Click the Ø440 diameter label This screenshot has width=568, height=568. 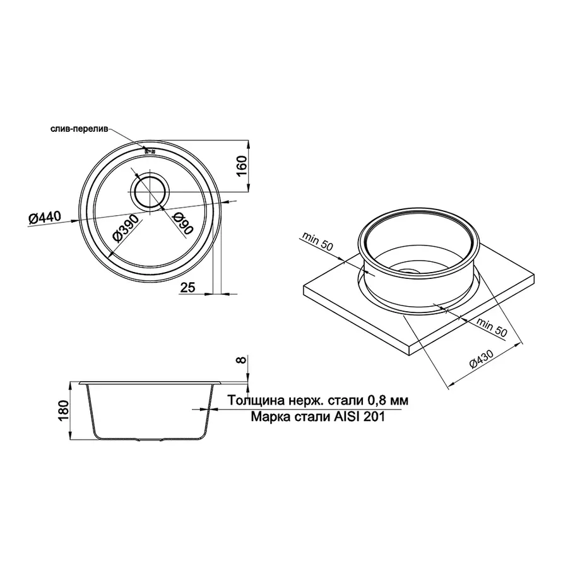coord(44,218)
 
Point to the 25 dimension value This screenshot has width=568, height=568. coord(187,288)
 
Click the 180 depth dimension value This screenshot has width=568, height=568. coord(62,410)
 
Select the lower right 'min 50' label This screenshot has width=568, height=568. coord(493,327)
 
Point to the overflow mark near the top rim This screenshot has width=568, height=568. coord(150,151)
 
